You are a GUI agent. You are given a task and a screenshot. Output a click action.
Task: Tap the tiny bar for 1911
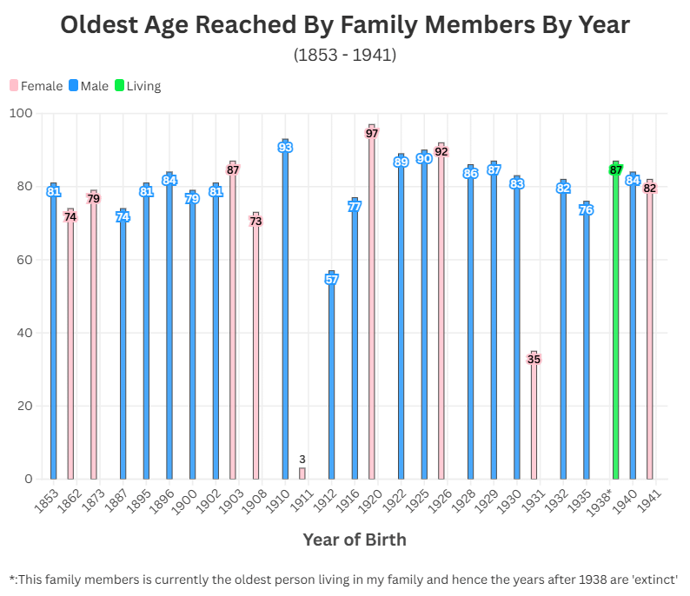point(302,473)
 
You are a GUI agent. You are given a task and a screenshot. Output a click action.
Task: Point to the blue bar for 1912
point(332,382)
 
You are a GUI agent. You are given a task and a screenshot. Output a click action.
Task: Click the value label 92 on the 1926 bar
point(441,151)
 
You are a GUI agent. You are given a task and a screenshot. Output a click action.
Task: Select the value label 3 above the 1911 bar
point(302,459)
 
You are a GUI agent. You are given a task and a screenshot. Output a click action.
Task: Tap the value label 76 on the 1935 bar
point(587,210)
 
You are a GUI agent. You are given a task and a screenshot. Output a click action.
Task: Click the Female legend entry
point(36,86)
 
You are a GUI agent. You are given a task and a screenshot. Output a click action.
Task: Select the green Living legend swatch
point(120,86)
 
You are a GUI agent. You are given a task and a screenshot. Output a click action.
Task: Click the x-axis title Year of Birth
point(354,540)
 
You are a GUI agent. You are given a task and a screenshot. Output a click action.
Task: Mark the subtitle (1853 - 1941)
point(345,55)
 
